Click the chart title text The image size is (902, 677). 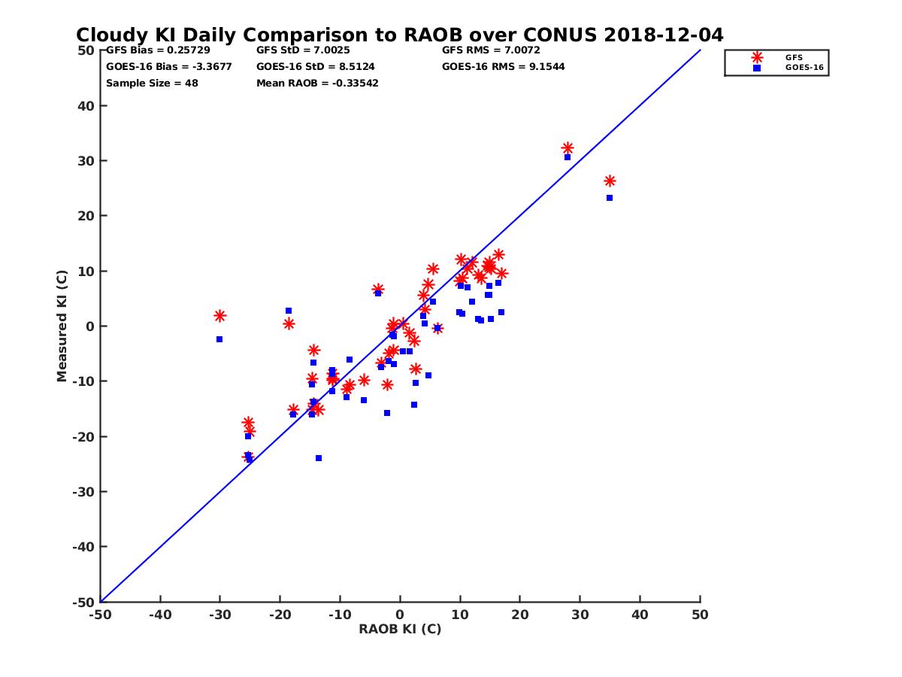pos(399,35)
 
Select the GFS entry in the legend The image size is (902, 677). pos(793,57)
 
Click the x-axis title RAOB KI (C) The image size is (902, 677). pos(399,629)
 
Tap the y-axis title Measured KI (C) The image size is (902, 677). pos(62,326)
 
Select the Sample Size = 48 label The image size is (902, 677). pos(152,83)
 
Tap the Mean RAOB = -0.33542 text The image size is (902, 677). pos(317,83)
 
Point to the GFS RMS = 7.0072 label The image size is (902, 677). pos(490,50)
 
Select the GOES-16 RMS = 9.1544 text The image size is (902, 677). pos(503,66)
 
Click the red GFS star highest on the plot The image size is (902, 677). pos(568,148)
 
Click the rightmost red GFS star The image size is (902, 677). pos(610,181)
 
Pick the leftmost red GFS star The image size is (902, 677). pos(219,316)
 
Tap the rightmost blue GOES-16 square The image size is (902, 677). pos(610,198)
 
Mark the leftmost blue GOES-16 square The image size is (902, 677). pos(219,339)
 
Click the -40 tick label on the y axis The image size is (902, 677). pos(84,547)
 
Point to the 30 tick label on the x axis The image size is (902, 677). pos(580,615)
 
